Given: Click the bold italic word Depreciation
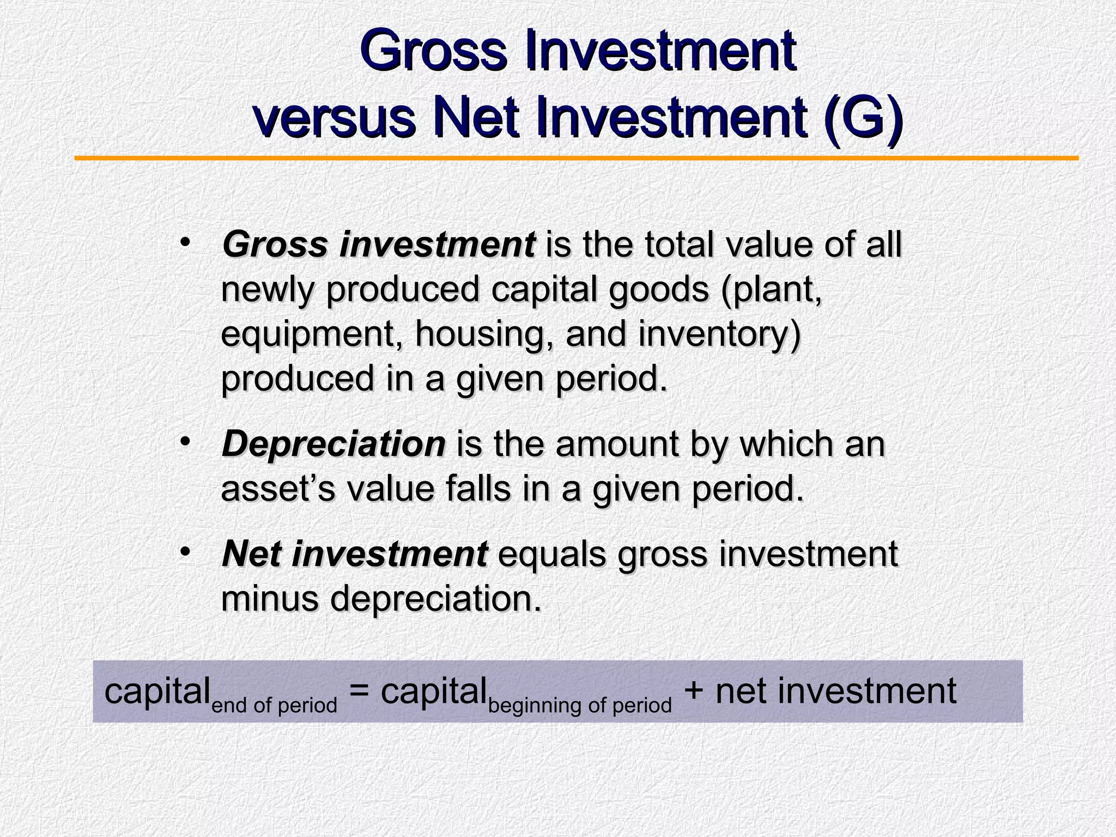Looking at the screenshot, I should point(333,444).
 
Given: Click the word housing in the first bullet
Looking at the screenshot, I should point(485,334).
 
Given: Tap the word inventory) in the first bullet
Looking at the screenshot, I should point(719,334).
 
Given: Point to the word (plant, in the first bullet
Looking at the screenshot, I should point(772,290).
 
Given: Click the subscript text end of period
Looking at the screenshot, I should point(274,705).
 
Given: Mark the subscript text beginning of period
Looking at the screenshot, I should point(580,705).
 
